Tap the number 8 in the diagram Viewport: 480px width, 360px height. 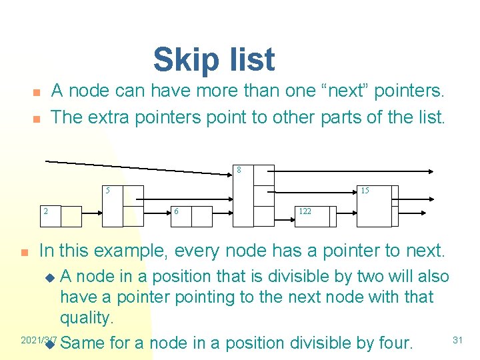pyautogui.click(x=239, y=170)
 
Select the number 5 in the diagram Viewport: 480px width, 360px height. pyautogui.click(x=107, y=191)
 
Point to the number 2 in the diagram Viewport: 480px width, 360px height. pyautogui.click(x=45, y=211)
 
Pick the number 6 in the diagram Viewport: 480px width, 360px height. pyautogui.click(x=176, y=211)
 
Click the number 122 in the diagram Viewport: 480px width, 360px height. pyautogui.click(x=305, y=211)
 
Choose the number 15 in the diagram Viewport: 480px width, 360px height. pyautogui.click(x=365, y=191)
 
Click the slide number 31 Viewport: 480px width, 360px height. pyautogui.click(x=457, y=340)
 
